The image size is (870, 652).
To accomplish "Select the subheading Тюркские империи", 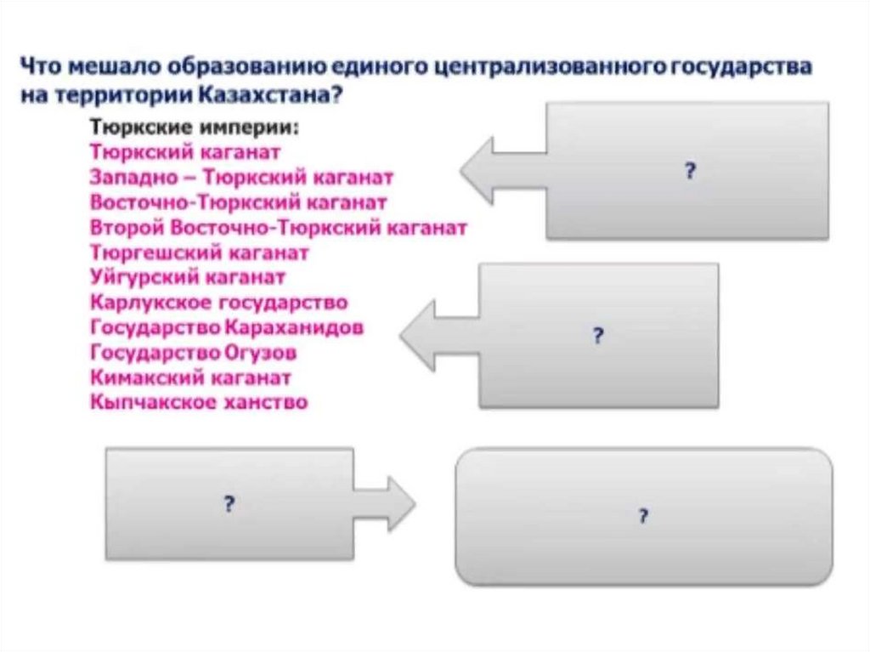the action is point(195,128).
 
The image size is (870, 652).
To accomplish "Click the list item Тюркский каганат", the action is point(185,151).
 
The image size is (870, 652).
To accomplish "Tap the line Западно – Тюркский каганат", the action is point(241,177).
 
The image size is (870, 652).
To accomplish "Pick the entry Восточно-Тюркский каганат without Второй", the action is point(238,202).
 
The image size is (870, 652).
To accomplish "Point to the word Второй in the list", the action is point(127,228).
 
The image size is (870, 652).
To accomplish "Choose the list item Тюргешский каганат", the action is point(199,252).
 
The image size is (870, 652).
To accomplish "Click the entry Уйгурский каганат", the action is point(188,277).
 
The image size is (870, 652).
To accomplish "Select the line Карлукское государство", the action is point(218,303).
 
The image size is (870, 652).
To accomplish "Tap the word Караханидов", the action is point(295,327).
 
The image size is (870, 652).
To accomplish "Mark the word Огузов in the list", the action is point(262,353).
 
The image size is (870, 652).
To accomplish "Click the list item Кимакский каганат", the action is point(190,377).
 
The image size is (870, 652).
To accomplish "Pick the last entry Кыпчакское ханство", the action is point(199,402).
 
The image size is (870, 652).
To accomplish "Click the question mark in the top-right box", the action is point(690,171).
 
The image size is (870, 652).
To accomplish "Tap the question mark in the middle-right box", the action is point(597,336).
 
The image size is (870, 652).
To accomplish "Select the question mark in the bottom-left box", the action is point(229,504).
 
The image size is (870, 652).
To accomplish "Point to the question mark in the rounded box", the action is point(643,516).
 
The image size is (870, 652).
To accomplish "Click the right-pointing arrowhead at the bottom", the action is point(401,504).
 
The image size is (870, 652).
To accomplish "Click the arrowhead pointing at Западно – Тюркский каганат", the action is point(476,171).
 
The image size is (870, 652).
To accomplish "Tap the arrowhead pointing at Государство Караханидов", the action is point(416,336).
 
